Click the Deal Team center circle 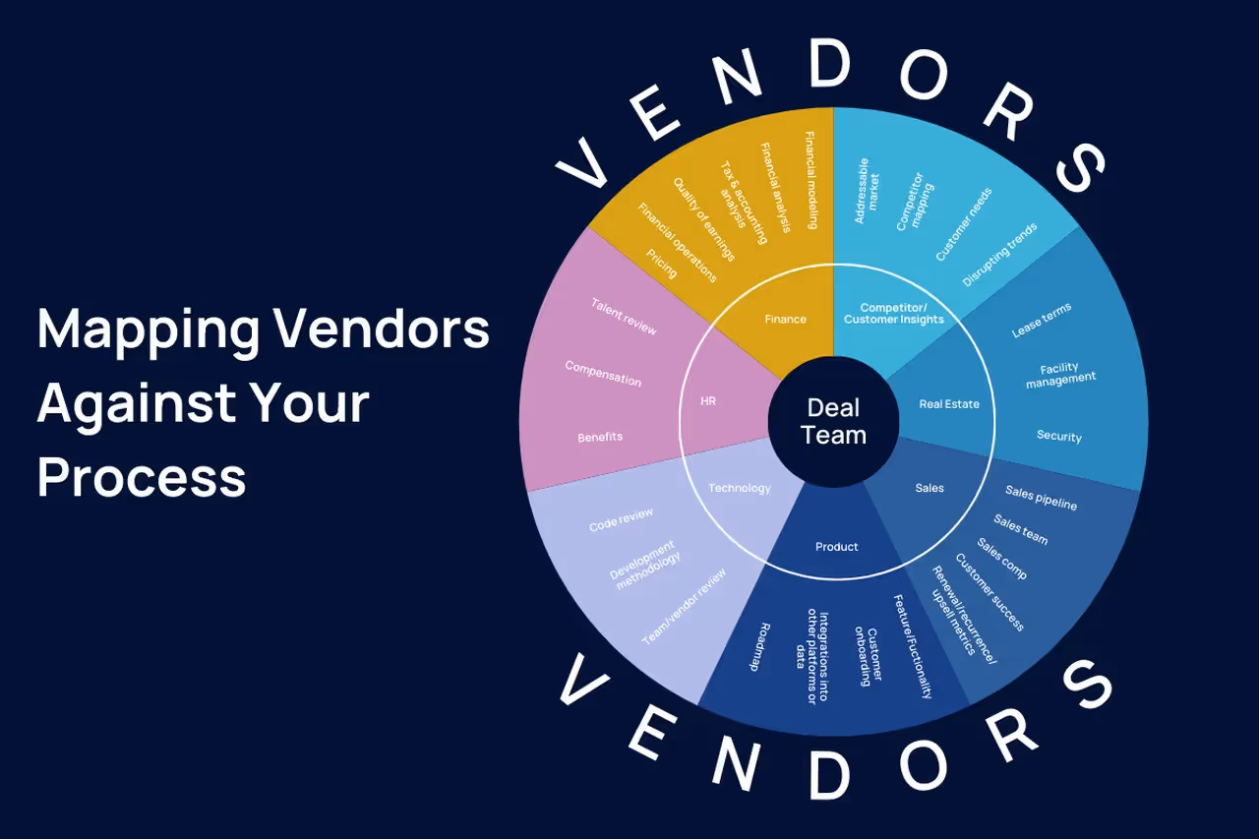coord(833,421)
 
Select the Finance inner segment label coord(785,319)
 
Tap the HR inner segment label coord(707,401)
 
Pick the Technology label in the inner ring coord(740,488)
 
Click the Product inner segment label coord(836,547)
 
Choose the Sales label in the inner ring coord(929,488)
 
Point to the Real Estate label coord(949,404)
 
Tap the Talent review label coord(624,316)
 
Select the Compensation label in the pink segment coord(603,374)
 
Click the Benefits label coord(600,437)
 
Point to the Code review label coord(621,520)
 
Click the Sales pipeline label coord(1041,498)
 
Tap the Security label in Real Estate coord(1059,437)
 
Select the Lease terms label coord(1042,321)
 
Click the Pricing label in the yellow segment coord(662,264)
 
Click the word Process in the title coord(142,477)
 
